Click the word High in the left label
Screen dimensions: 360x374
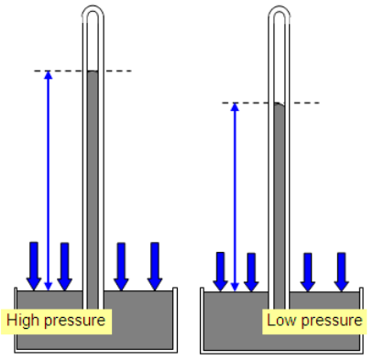(22, 321)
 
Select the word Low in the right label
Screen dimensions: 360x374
(280, 321)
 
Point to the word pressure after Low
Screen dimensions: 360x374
(329, 321)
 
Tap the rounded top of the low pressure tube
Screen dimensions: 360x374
(280, 13)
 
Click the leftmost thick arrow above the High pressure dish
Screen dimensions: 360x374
(33, 265)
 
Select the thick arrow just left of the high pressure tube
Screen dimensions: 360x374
(64, 265)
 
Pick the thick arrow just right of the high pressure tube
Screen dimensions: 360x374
(121, 265)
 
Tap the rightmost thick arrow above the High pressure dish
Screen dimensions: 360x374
(155, 265)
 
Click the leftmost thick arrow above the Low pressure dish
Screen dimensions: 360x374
(220, 271)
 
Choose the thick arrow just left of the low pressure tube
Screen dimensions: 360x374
(251, 271)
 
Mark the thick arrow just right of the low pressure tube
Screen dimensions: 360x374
(308, 271)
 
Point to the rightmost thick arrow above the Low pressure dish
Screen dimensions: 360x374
(341, 271)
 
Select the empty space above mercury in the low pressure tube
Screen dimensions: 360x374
(280, 60)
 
